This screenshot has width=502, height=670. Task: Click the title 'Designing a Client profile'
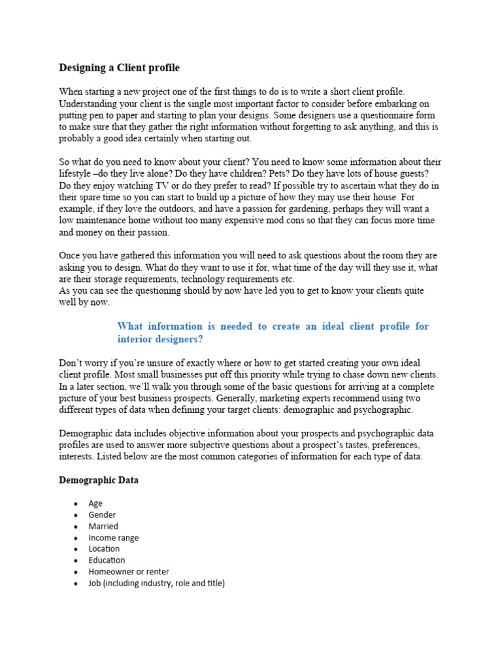[x=119, y=67]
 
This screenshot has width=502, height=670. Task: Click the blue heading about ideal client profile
[x=273, y=332]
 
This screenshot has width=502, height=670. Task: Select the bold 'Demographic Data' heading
[x=98, y=480]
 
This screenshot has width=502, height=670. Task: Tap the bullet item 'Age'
[x=95, y=503]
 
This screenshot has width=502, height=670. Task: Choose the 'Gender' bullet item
[x=102, y=515]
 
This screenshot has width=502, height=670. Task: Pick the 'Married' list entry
[x=103, y=526]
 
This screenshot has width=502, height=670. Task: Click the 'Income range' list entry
[x=114, y=538]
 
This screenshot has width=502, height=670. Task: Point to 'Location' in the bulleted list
[x=104, y=549]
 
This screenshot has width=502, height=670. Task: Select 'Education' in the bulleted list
[x=107, y=560]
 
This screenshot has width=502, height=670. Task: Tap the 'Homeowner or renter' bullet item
[x=129, y=572]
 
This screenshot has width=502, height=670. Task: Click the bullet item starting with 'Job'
[x=156, y=583]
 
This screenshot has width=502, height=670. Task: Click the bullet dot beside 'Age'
[x=76, y=504]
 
